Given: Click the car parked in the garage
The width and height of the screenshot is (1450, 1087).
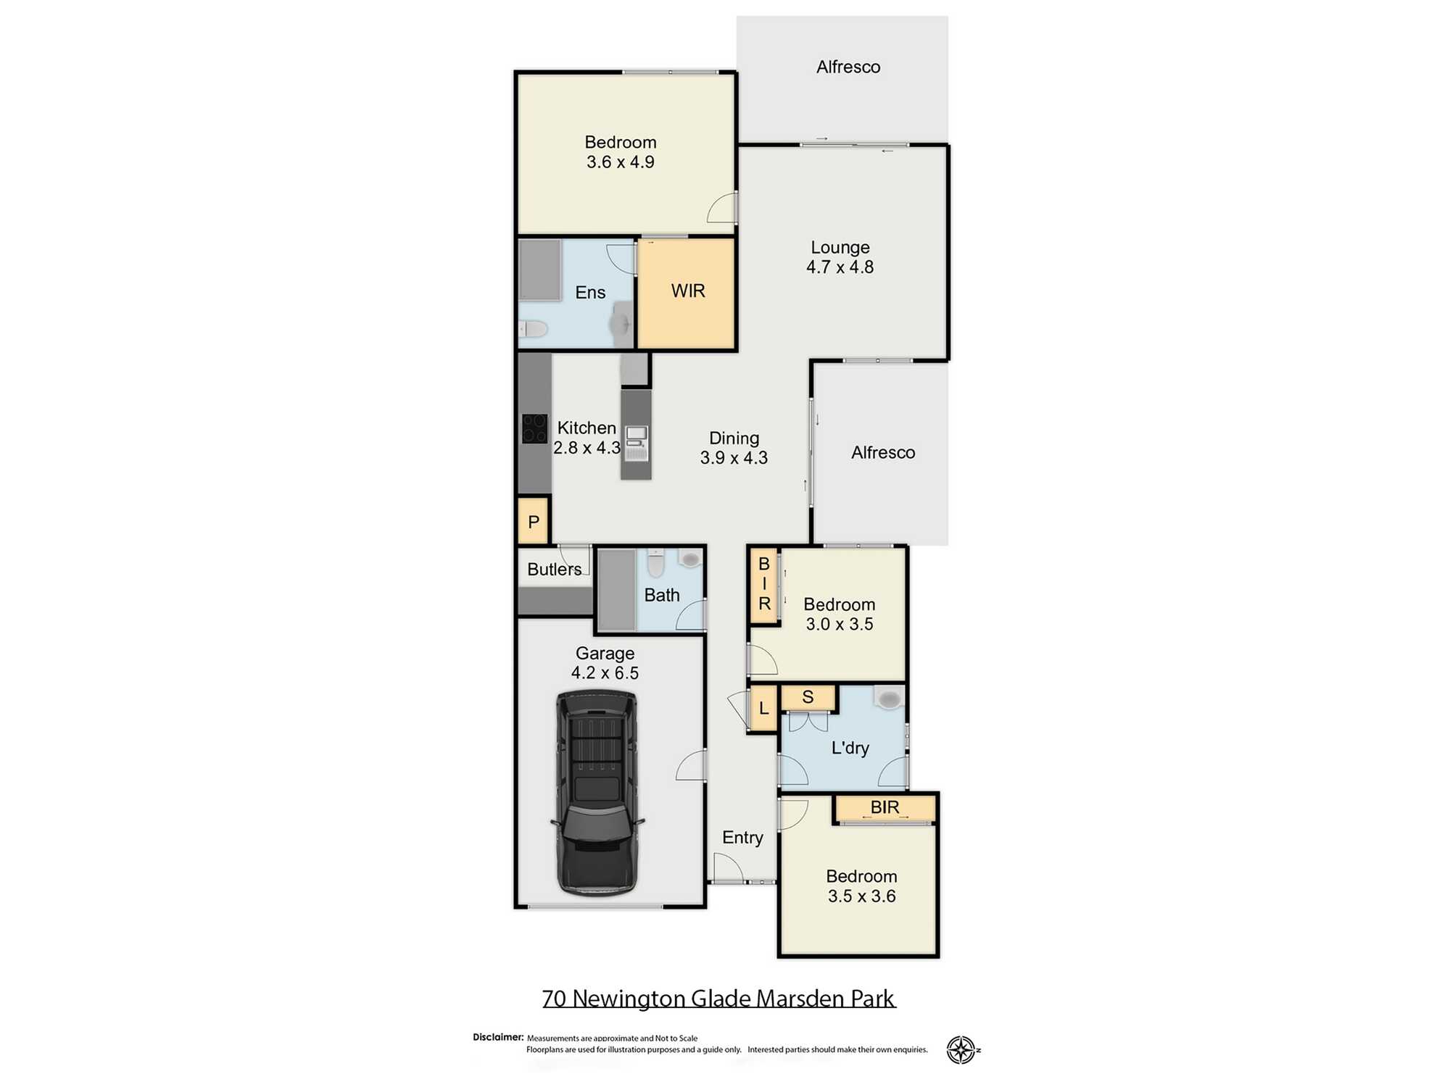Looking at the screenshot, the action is (x=597, y=793).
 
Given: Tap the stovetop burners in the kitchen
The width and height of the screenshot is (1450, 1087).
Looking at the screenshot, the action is (x=535, y=428).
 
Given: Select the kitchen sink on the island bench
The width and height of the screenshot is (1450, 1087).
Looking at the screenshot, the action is (x=637, y=443).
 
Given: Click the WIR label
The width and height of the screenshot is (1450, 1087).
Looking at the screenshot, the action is (x=688, y=291).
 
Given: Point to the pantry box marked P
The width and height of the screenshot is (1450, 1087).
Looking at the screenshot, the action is (x=534, y=521).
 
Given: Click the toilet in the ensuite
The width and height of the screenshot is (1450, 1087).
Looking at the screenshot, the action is (x=533, y=330).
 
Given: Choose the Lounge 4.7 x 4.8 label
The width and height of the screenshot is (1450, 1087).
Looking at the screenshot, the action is (x=840, y=257).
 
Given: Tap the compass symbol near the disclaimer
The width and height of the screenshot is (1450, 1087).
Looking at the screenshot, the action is (x=961, y=1049).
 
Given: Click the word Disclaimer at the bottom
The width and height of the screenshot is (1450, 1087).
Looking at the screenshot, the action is (x=497, y=1037).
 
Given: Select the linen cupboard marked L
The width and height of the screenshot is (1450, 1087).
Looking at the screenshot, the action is (x=764, y=708).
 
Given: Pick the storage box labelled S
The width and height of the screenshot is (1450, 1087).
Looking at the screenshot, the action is (x=808, y=697).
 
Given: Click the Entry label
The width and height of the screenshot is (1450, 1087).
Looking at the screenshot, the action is (x=742, y=838).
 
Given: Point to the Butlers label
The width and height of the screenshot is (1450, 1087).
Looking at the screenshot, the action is (x=554, y=570).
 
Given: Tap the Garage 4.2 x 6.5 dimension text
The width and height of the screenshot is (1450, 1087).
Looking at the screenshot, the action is (x=605, y=663).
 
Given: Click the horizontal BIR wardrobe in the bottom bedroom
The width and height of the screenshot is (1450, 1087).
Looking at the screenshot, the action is (x=884, y=809).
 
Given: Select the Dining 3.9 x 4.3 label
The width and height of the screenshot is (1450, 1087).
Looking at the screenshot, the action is (x=734, y=448).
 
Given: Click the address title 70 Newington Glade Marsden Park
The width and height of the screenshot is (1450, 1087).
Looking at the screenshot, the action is (x=718, y=999).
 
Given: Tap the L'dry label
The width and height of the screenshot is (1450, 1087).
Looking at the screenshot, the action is (x=850, y=748).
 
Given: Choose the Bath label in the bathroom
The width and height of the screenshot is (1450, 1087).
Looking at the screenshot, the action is (x=662, y=595).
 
